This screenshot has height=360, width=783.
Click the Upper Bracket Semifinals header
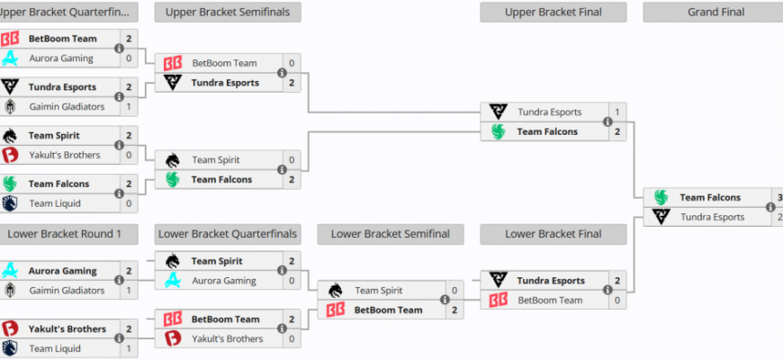(x=228, y=13)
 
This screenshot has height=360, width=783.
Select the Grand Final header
(x=715, y=13)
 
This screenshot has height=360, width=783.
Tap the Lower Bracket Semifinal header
(x=391, y=234)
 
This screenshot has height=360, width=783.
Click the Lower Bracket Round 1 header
(x=65, y=234)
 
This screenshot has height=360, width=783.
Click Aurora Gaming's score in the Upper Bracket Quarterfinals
(x=129, y=58)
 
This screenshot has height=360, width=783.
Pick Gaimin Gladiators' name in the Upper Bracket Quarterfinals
(x=67, y=107)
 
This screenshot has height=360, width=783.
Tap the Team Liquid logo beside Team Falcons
(x=10, y=203)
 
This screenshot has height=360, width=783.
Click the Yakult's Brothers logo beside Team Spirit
(x=10, y=155)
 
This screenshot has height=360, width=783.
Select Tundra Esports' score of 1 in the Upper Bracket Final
(x=617, y=112)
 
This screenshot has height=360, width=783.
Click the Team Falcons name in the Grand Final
(x=710, y=198)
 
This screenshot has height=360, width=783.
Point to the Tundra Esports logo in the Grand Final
(x=661, y=217)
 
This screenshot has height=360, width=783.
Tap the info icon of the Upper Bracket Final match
(x=607, y=121)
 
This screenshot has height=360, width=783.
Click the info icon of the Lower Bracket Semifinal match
(x=445, y=300)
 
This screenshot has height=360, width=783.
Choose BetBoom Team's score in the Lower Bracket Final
(x=617, y=301)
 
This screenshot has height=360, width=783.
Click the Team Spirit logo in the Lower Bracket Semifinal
(x=336, y=291)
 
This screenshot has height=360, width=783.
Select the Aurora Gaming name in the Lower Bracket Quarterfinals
(x=224, y=281)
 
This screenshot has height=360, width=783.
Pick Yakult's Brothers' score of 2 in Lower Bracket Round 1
(x=129, y=329)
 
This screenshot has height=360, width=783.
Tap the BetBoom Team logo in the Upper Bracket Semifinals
(x=173, y=63)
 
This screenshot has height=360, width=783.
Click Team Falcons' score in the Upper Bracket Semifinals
(x=292, y=180)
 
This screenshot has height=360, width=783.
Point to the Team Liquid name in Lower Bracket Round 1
(x=55, y=349)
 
